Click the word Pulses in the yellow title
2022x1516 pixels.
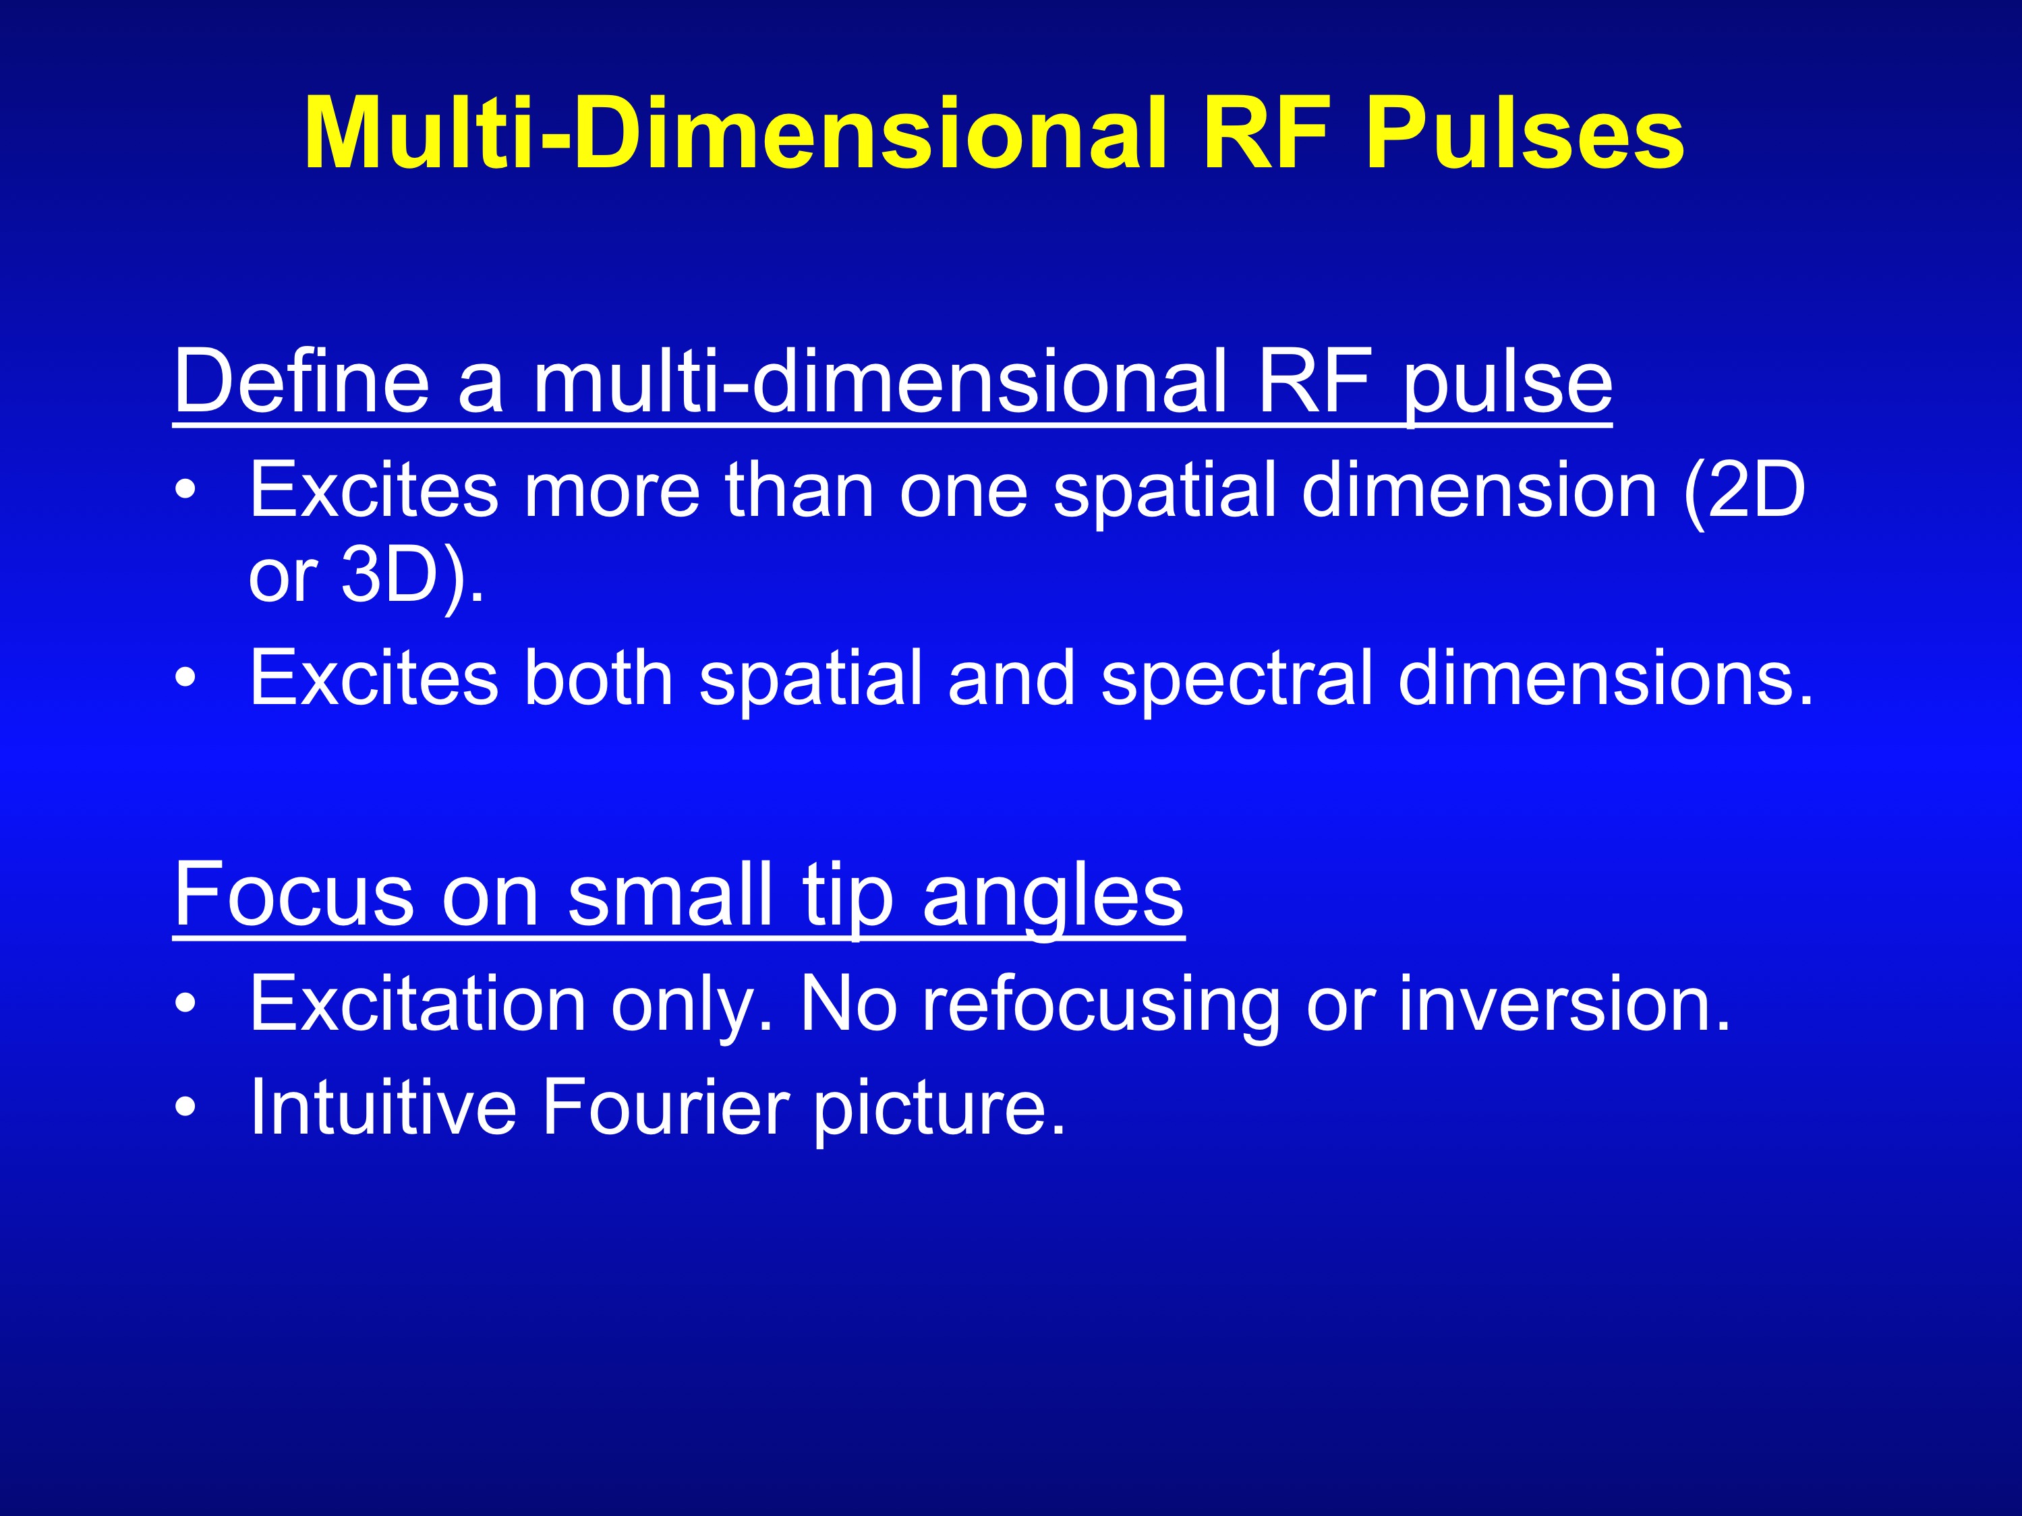[x=1525, y=134]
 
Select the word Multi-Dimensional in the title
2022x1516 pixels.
[x=736, y=134]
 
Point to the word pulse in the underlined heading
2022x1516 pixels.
[x=1508, y=388]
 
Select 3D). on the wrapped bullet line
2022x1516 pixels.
[x=412, y=577]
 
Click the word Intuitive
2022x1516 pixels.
[x=383, y=1107]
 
